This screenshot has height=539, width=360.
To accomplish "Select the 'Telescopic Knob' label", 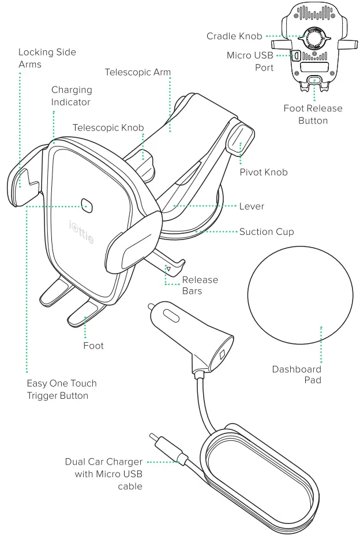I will pyautogui.click(x=108, y=128).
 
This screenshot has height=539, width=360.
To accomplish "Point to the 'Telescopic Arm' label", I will pyautogui.click(x=137, y=73).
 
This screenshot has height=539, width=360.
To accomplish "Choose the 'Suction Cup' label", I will pyautogui.click(x=267, y=233).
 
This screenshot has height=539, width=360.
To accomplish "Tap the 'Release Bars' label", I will pyautogui.click(x=200, y=285).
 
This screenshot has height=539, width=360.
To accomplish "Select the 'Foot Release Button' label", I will pyautogui.click(x=313, y=114).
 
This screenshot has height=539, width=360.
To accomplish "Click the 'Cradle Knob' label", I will pyautogui.click(x=235, y=36).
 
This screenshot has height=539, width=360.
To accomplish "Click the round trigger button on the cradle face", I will pyautogui.click(x=88, y=205).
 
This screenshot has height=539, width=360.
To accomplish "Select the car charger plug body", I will pyautogui.click(x=190, y=330).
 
